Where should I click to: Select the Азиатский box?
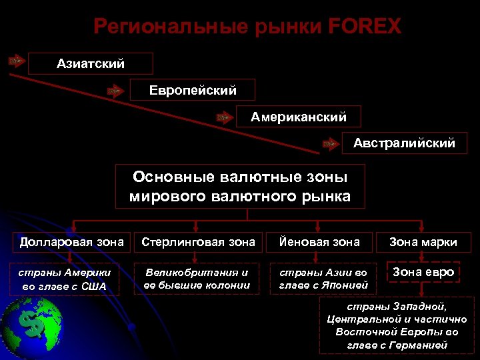(x=91, y=63)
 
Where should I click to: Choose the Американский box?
(x=298, y=117)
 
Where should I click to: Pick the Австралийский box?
(x=404, y=143)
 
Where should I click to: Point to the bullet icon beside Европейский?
(x=114, y=90)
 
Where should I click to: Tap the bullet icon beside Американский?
(x=223, y=117)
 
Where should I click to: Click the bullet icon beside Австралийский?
(x=329, y=143)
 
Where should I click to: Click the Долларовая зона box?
(x=72, y=242)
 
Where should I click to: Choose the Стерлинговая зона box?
(x=198, y=242)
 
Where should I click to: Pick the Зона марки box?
(x=423, y=242)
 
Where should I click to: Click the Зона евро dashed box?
(x=423, y=271)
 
